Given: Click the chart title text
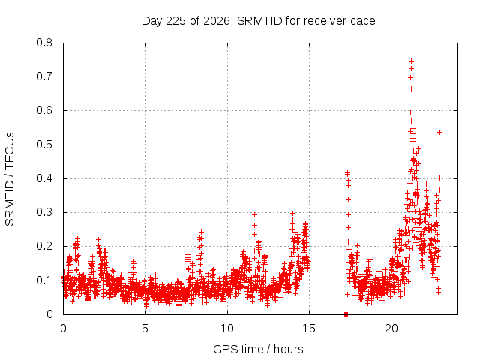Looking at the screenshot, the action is (x=258, y=21).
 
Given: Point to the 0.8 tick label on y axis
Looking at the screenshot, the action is (x=44, y=43).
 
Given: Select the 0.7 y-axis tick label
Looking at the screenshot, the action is (x=44, y=76).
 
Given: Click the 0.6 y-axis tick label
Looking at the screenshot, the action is (x=44, y=110).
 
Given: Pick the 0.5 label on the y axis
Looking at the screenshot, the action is (x=44, y=145).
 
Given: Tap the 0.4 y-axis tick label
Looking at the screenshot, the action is (x=44, y=178).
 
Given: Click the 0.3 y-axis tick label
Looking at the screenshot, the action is (x=44, y=212).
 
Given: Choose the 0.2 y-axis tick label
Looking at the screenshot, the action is (x=44, y=246).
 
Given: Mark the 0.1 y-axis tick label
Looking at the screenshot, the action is (x=44, y=280).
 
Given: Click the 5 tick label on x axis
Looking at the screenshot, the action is (x=145, y=328).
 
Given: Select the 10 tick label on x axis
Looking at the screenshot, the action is (x=227, y=328).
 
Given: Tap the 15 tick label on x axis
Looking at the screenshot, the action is (x=309, y=328).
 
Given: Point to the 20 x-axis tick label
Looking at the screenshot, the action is (x=391, y=328).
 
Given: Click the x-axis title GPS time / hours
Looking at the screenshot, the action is (x=258, y=349).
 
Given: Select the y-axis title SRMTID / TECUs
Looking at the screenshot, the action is (x=10, y=179).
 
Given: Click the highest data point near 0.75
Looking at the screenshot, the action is (x=412, y=61).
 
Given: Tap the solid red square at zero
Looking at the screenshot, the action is (x=346, y=314).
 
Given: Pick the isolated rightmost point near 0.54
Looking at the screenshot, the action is (x=439, y=132).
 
